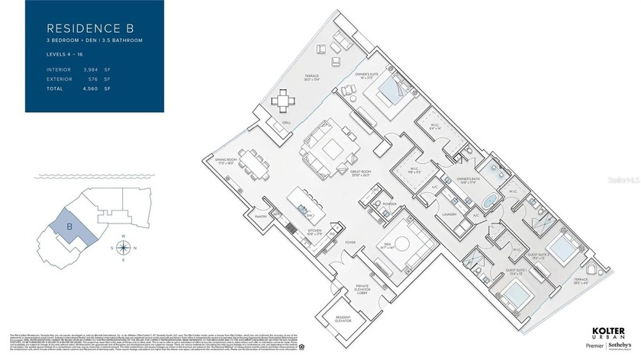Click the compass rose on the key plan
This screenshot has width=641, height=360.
point(130,247)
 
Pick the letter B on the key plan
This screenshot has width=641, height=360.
point(69,227)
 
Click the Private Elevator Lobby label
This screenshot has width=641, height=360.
point(362,290)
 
